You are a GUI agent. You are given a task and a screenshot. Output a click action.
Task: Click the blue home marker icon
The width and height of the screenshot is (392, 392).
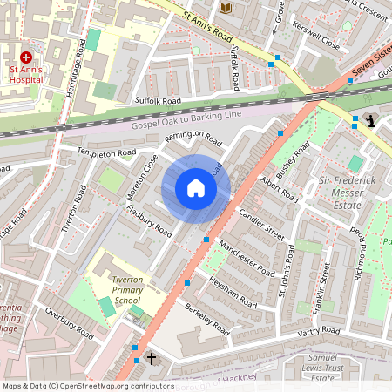tap(196, 188)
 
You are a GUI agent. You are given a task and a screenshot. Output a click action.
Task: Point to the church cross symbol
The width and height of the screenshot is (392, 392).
tap(152, 358)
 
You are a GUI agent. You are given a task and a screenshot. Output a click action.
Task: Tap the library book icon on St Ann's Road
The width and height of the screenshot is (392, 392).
tap(226, 9)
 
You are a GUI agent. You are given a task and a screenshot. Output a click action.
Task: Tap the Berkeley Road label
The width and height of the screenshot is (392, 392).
tap(206, 320)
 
